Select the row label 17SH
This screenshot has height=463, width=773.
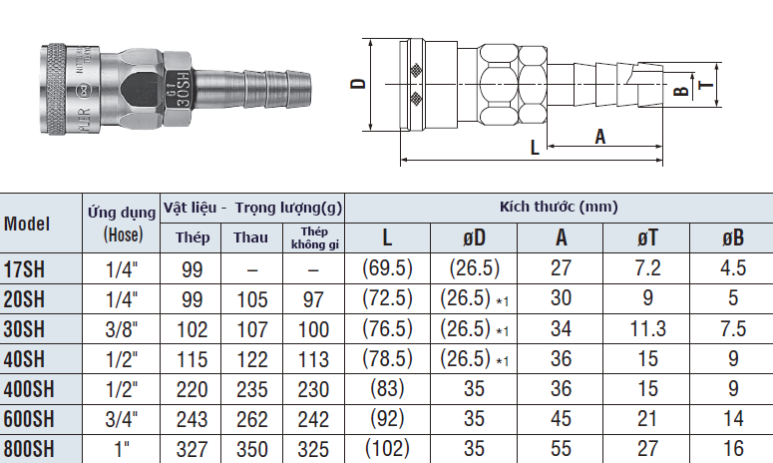pyautogui.click(x=25, y=269)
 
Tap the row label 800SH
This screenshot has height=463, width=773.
pyautogui.click(x=30, y=449)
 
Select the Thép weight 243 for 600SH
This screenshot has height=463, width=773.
pyautogui.click(x=193, y=419)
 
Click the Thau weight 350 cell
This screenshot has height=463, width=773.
pyautogui.click(x=250, y=449)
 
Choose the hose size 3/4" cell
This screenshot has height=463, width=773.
pyautogui.click(x=121, y=419)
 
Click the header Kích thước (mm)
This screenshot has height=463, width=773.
pyautogui.click(x=559, y=207)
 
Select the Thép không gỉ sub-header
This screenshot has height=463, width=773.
pyautogui.click(x=314, y=237)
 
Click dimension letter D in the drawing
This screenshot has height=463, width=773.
pyautogui.click(x=356, y=86)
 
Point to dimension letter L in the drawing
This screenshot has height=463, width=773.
pyautogui.click(x=535, y=147)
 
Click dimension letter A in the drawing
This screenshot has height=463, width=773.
pyautogui.click(x=599, y=136)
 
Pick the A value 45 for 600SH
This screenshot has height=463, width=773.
pyautogui.click(x=561, y=419)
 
